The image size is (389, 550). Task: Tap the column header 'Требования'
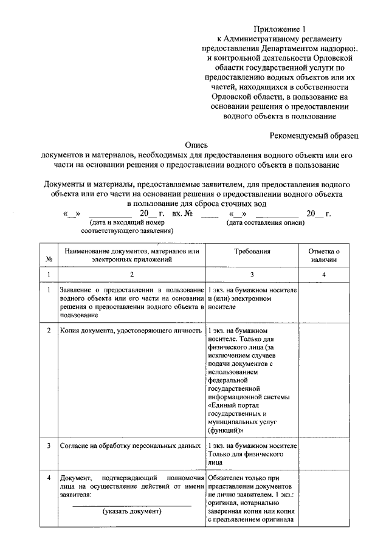pyautogui.click(x=252, y=250)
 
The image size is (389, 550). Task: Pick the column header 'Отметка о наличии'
pyautogui.click(x=324, y=255)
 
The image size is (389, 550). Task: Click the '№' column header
pyautogui.click(x=48, y=260)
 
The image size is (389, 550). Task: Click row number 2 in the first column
pyautogui.click(x=48, y=331)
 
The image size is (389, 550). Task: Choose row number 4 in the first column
pyautogui.click(x=48, y=477)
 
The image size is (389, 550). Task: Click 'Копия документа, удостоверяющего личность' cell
pyautogui.click(x=131, y=331)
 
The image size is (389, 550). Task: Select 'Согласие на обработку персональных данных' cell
pyautogui.click(x=131, y=445)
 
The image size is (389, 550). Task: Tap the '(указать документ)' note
pyautogui.click(x=132, y=511)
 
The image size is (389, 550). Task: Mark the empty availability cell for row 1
pyautogui.click(x=324, y=302)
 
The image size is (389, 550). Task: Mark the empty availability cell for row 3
pyautogui.click(x=324, y=453)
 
